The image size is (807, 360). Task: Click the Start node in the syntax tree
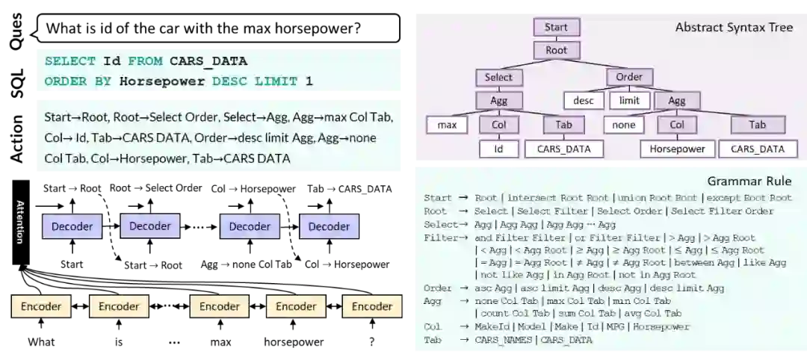coord(556,28)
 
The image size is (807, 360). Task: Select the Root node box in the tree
coord(556,51)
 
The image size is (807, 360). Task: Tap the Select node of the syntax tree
coord(498,78)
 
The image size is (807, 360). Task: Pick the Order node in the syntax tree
coord(629,78)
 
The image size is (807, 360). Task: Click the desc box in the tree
coord(583,101)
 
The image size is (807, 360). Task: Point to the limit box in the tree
coord(629,101)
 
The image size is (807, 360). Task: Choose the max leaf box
coord(447,125)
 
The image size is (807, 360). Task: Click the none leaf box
coord(623,125)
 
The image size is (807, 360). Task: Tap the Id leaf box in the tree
coord(498,149)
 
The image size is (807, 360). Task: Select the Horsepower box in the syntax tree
coord(677,149)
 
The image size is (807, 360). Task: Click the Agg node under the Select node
coord(498,101)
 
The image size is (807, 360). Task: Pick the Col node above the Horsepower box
coord(677,125)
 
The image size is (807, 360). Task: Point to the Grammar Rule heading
coord(749,181)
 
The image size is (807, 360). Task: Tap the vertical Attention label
coord(20,222)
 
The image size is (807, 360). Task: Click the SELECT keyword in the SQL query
coord(70,61)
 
